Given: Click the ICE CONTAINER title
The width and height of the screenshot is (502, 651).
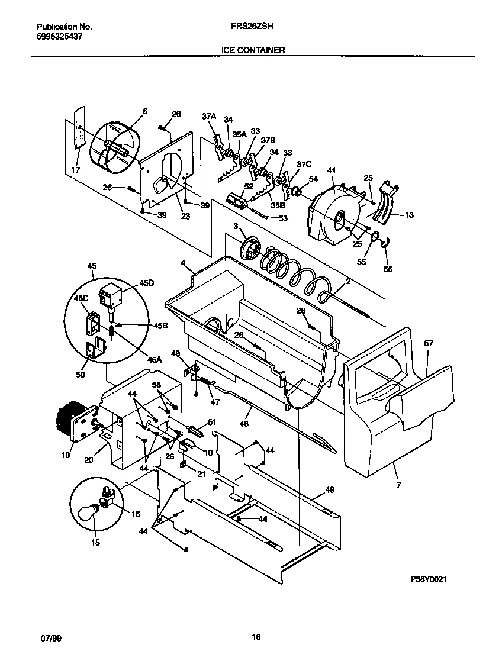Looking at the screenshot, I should click(253, 50).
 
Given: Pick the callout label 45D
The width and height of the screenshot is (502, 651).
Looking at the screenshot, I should click(146, 283).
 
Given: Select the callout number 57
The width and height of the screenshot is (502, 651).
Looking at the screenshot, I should click(429, 343).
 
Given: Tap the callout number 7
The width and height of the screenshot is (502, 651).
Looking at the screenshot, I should click(398, 485).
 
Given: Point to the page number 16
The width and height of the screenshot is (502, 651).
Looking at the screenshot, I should click(256, 637).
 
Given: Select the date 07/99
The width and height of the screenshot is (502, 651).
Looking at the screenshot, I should click(50, 638).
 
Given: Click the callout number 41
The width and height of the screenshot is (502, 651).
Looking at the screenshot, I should click(332, 171).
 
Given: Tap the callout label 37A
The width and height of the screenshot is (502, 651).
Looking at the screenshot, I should click(208, 117).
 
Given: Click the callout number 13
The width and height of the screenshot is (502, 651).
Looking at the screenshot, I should click(408, 215).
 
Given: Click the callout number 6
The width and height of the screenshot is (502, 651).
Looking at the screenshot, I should click(145, 111).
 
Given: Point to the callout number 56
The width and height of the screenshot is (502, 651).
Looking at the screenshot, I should click(388, 269).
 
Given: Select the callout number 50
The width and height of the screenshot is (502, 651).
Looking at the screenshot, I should click(80, 375).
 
